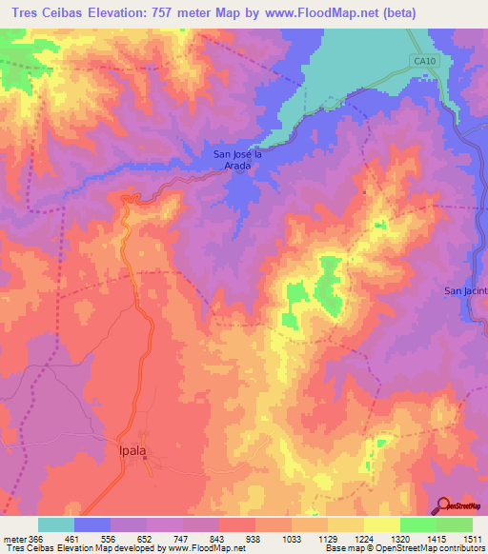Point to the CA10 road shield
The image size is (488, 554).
click(x=424, y=61)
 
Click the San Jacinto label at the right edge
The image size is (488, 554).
click(x=466, y=290)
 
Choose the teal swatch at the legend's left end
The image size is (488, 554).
click(x=56, y=524)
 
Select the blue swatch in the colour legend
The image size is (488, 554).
click(x=92, y=524)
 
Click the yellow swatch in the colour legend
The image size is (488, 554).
click(x=381, y=524)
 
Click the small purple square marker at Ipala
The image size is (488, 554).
click(x=146, y=462)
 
